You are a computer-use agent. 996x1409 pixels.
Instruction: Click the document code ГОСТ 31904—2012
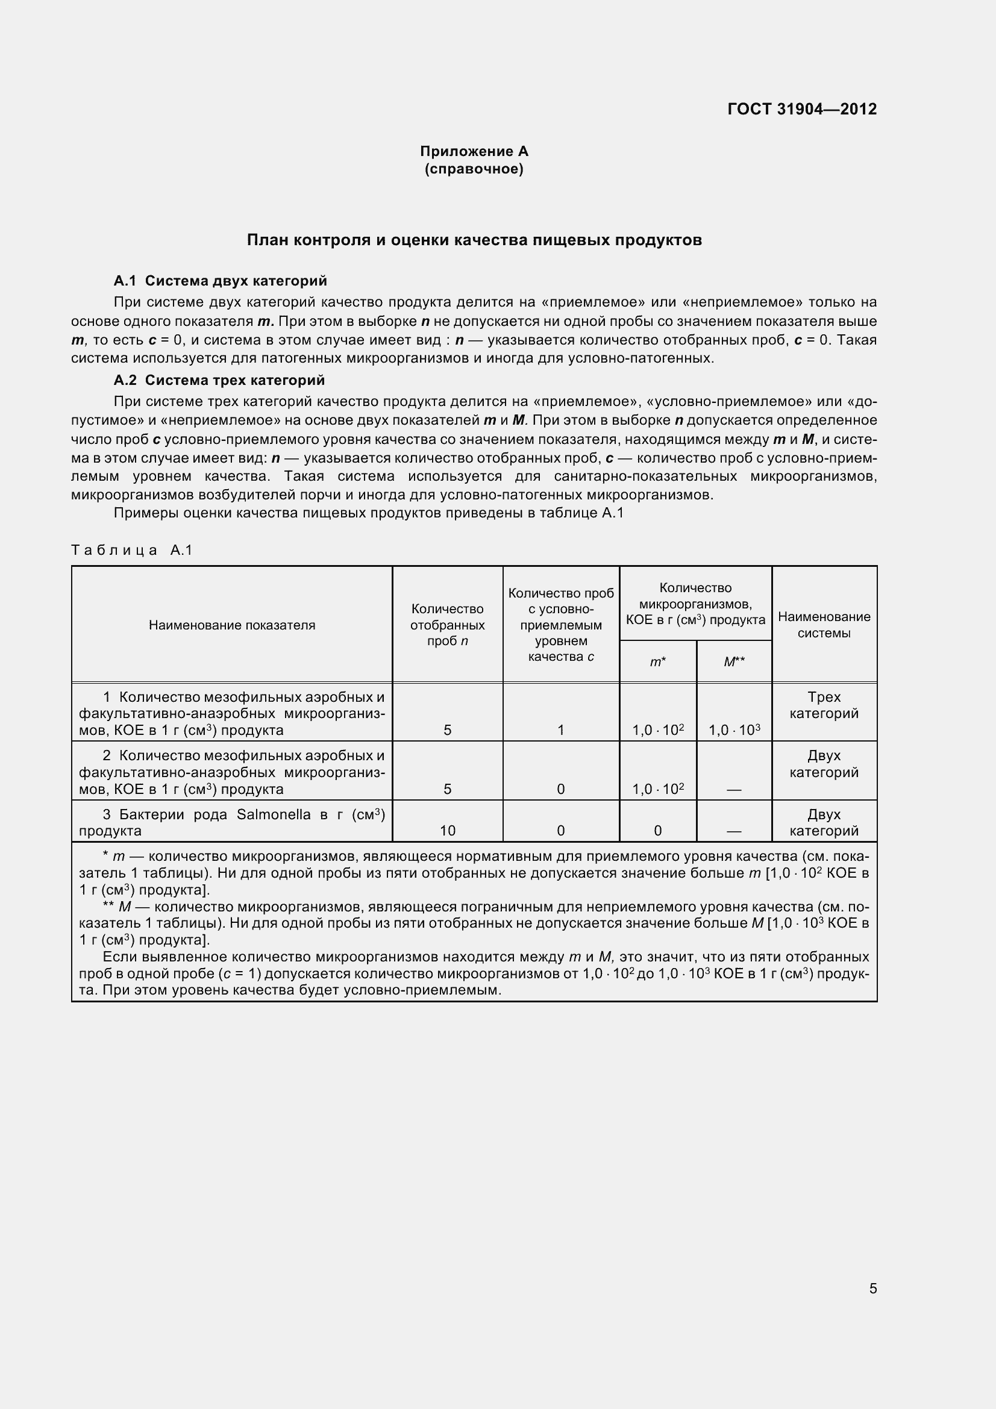(x=801, y=109)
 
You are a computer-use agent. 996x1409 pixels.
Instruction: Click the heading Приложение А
(x=474, y=151)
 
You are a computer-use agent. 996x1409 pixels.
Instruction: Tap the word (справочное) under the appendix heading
(x=474, y=169)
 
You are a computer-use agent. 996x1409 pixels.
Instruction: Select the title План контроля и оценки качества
(x=474, y=240)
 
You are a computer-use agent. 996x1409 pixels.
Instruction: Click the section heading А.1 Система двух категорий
(x=221, y=281)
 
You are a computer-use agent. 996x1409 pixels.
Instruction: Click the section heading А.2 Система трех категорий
(x=219, y=380)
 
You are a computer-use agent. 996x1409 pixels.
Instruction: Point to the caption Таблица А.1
(x=132, y=550)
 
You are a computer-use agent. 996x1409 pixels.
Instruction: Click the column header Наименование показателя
(x=232, y=625)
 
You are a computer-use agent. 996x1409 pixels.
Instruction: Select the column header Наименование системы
(x=824, y=625)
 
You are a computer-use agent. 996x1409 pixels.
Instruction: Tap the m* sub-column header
(x=658, y=661)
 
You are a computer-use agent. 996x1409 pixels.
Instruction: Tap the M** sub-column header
(x=734, y=661)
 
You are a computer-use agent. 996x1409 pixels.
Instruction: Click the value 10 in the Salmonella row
(x=447, y=830)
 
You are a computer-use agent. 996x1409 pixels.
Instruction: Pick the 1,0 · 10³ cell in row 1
(x=734, y=729)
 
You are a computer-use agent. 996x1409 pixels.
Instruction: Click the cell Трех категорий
(x=824, y=705)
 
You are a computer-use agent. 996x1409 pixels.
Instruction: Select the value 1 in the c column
(x=560, y=729)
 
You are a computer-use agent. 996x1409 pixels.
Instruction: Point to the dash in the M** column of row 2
(x=734, y=790)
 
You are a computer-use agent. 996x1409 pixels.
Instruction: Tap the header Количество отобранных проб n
(x=447, y=625)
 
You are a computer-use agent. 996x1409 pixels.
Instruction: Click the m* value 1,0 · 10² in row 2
(x=658, y=789)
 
